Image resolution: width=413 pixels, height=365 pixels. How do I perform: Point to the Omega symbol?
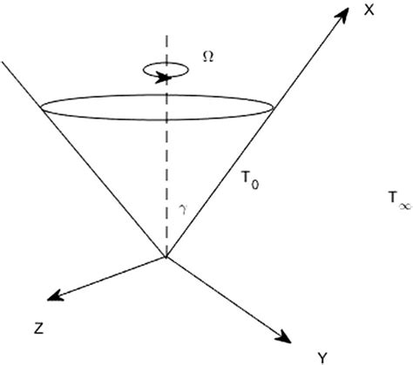pos(207,54)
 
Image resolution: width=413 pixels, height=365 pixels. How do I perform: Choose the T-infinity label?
pos(396,199)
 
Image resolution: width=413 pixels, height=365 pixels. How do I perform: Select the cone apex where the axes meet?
pos(166,256)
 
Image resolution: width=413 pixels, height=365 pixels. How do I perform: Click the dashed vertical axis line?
pos(166,157)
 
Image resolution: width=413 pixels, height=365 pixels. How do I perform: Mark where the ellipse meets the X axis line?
pos(275,108)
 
